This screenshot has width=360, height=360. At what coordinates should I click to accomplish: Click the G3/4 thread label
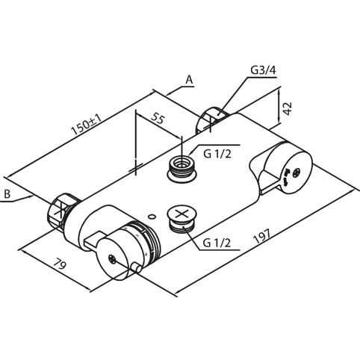point(263,70)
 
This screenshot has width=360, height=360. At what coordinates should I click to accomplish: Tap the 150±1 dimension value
point(87,125)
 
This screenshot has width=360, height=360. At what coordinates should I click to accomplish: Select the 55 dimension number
point(158,118)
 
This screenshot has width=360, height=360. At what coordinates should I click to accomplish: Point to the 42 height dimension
point(288,108)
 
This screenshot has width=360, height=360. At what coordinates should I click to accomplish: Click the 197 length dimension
point(261,236)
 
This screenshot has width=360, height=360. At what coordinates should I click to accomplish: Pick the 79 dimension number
point(60,264)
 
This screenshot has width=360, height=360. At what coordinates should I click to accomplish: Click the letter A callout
point(189,80)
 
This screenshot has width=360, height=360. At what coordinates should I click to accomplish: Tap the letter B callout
point(7,194)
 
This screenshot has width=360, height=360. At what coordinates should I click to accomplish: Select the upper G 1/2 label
point(217,154)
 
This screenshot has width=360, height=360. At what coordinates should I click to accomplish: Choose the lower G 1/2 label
point(217,243)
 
